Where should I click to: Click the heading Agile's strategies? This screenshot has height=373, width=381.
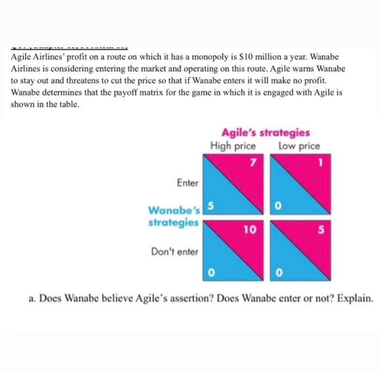pos(266,133)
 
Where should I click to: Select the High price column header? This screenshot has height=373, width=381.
pos(233,146)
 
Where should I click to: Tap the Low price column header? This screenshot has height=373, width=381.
pos(299,146)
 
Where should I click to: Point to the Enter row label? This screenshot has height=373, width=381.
pos(188,183)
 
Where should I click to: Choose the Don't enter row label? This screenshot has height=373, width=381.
pos(175,252)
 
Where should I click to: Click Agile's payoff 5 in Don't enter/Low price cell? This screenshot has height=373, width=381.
pos(321,230)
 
